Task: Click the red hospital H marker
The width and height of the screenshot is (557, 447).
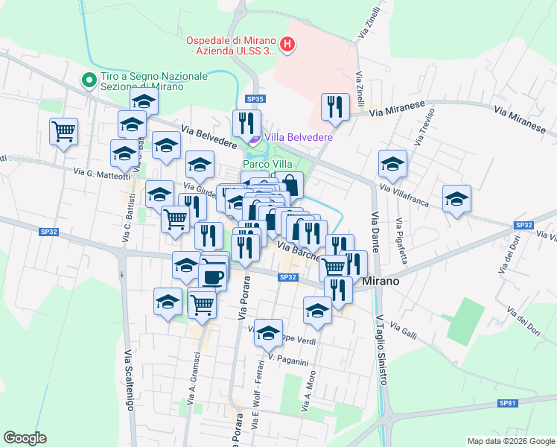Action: [287, 46]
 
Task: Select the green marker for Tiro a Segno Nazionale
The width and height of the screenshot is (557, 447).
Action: [89, 78]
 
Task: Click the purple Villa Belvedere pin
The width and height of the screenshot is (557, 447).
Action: [255, 137]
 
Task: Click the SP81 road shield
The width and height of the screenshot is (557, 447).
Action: [507, 403]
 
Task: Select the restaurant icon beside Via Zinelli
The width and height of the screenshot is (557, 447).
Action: [335, 107]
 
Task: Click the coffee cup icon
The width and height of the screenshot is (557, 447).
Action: [214, 275]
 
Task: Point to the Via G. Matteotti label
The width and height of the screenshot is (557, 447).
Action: [102, 174]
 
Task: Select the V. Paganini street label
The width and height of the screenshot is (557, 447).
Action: [288, 361]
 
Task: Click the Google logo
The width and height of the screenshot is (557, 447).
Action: [25, 438]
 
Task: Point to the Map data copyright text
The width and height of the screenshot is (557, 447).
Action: [510, 441]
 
